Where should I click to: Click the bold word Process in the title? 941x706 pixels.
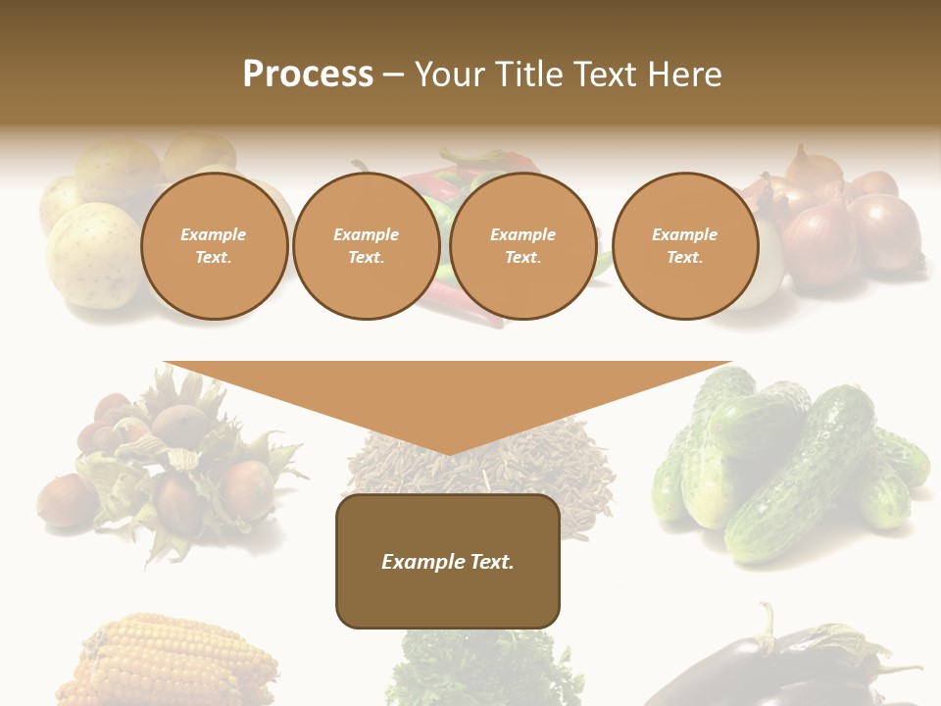308,75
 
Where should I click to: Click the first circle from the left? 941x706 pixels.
214,246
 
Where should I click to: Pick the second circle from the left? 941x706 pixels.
367,246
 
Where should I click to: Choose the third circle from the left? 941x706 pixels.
523,246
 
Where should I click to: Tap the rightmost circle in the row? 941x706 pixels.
685,246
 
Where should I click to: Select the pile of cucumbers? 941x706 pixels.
794,461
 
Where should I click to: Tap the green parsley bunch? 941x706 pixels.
470,672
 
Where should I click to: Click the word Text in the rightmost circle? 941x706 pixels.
684,258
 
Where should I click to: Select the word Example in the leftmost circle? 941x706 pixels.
214,234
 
